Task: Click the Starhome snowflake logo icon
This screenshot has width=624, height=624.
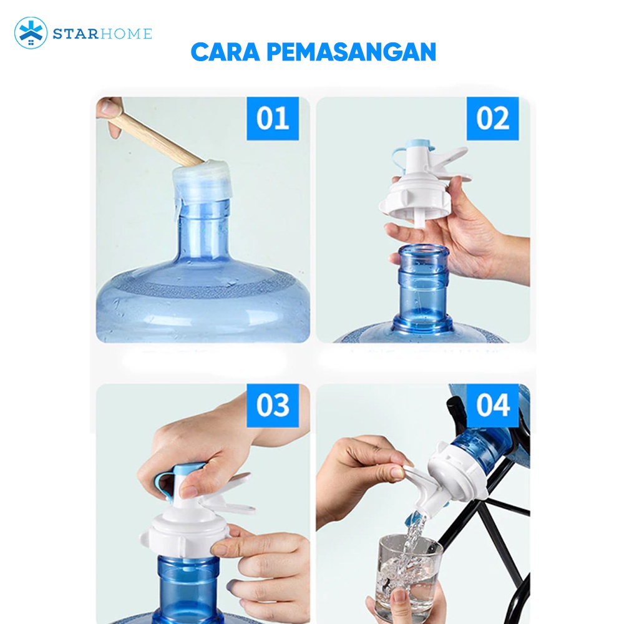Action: [31, 33]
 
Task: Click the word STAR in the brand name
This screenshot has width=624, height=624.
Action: [76, 34]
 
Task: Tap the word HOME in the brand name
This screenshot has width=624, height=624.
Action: [126, 34]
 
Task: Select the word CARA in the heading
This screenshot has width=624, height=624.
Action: [225, 52]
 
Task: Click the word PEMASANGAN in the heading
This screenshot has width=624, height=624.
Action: [351, 52]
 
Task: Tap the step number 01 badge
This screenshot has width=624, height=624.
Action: [273, 118]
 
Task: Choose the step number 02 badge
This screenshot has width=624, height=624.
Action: [493, 118]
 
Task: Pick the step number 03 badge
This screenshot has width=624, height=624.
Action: [273, 405]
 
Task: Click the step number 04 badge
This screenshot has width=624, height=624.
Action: [493, 405]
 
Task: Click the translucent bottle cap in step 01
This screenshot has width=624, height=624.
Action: [202, 180]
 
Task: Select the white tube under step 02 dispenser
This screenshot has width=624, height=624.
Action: [420, 217]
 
